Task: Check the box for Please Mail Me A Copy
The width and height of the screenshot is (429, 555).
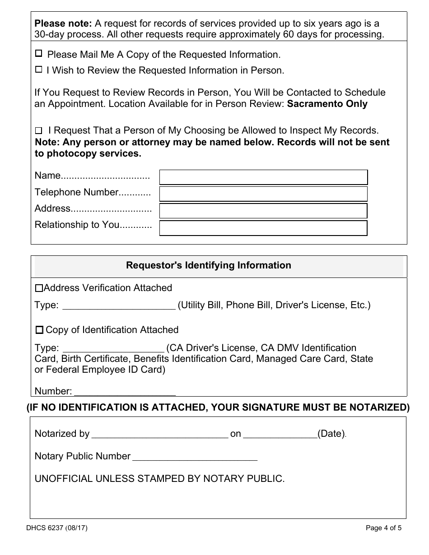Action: point(39,54)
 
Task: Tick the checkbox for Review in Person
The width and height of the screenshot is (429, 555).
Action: point(39,69)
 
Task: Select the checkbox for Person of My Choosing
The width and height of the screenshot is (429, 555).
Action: point(39,131)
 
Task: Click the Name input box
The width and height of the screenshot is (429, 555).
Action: point(264,177)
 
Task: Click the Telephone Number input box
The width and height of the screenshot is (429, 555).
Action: point(264,194)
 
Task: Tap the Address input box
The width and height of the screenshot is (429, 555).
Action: point(264,211)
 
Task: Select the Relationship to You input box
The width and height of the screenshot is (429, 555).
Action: point(264,228)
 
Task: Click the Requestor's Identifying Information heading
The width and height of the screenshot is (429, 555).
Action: point(208,265)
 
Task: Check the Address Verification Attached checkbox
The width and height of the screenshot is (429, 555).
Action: point(39,288)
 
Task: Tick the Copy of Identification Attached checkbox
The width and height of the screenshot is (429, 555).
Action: point(39,330)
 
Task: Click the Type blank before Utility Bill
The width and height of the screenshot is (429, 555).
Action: point(118,305)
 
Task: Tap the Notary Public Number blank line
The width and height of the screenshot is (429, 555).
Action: point(195,457)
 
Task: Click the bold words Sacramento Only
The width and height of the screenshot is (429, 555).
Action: point(327,104)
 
